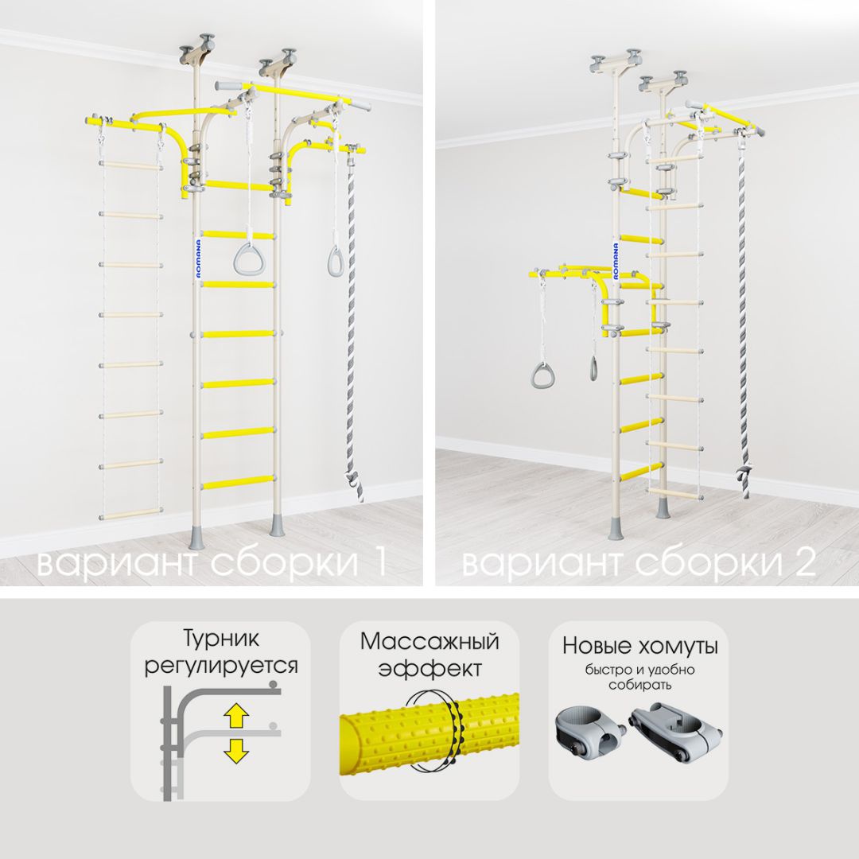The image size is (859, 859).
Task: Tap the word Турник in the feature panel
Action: (x=221, y=639)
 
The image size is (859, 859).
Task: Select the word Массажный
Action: (x=429, y=641)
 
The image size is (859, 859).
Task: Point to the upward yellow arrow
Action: (x=236, y=716)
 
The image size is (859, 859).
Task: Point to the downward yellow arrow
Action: (x=236, y=751)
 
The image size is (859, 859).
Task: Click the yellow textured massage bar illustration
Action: (x=429, y=734)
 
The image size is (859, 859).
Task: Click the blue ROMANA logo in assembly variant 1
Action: (x=198, y=258)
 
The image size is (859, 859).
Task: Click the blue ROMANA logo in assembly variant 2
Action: (x=616, y=262)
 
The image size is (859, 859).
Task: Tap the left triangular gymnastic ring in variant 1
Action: (x=248, y=259)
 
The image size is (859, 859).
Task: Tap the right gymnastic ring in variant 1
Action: (x=336, y=262)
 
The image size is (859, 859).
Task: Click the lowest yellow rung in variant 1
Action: (x=238, y=483)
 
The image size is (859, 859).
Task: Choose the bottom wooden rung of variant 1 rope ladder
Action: (x=131, y=514)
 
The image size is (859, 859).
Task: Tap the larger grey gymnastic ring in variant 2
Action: (x=542, y=375)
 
